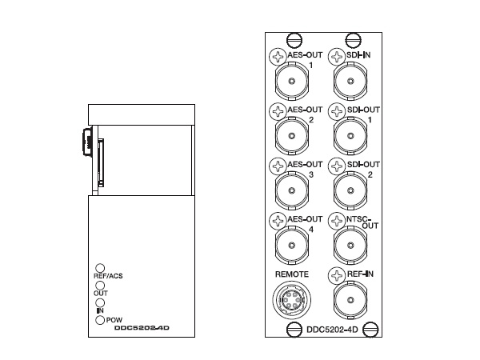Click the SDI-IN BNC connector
(350, 81)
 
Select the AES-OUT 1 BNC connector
(292, 81)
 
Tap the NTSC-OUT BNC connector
(350, 245)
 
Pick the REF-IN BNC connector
(350, 300)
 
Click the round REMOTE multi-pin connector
(292, 300)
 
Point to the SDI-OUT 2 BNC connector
(350, 190)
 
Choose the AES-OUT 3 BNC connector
(292, 190)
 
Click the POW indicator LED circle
(100, 320)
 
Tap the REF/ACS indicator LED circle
(100, 268)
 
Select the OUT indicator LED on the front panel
(100, 286)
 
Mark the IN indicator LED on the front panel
(100, 302)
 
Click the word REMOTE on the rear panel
(292, 274)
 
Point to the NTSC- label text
(358, 219)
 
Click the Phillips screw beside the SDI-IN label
(337, 57)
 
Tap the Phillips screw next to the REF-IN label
(337, 275)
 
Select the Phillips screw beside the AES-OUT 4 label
(278, 221)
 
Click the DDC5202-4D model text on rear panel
(332, 330)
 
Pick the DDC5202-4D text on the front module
(142, 328)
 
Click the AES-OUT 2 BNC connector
(292, 136)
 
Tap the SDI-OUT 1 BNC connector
(350, 136)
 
